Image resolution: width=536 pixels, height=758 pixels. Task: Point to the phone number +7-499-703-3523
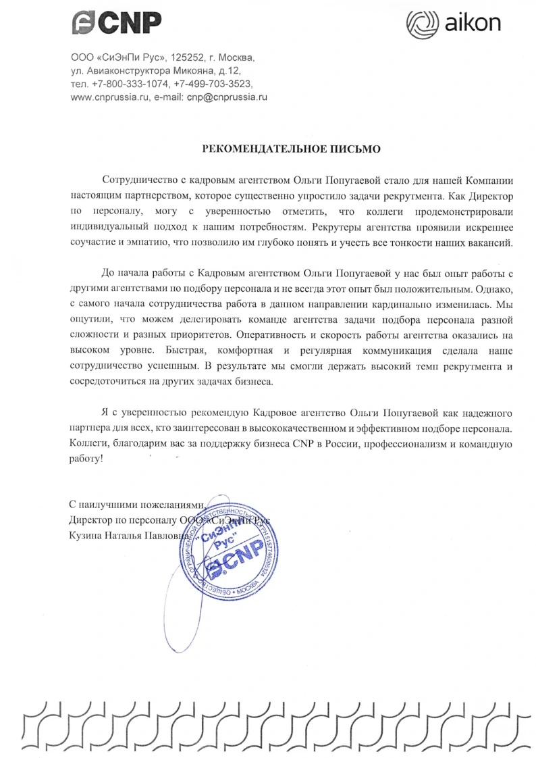pyautogui.click(x=212, y=84)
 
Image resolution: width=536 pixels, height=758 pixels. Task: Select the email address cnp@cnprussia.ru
pyautogui.click(x=227, y=97)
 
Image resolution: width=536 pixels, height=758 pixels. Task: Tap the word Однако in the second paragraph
pyautogui.click(x=493, y=289)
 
